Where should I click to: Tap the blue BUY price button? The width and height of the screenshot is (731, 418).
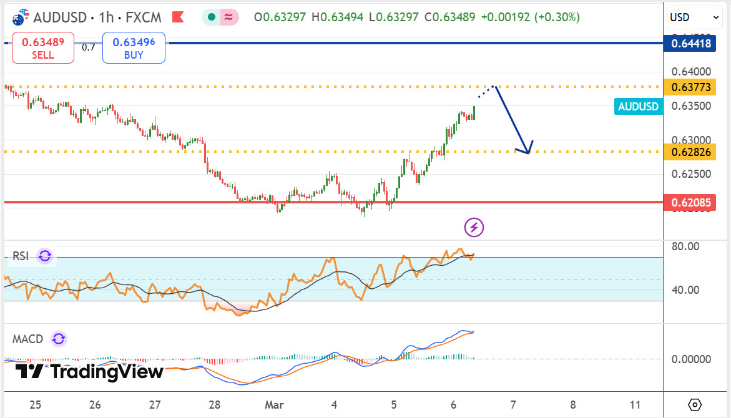pos(134,48)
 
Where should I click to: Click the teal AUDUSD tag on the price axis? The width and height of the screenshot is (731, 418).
pos(638,107)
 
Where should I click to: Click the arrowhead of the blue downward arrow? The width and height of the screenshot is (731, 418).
pos(526,150)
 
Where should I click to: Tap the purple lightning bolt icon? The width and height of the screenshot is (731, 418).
pos(474,227)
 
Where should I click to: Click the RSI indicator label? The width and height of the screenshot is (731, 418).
pos(21,256)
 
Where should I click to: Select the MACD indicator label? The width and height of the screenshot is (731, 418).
pos(28,339)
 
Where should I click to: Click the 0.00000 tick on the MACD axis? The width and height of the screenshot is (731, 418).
pos(691,359)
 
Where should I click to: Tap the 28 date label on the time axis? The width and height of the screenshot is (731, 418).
pos(215,404)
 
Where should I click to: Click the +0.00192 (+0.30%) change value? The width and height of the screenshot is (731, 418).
pos(530,17)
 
